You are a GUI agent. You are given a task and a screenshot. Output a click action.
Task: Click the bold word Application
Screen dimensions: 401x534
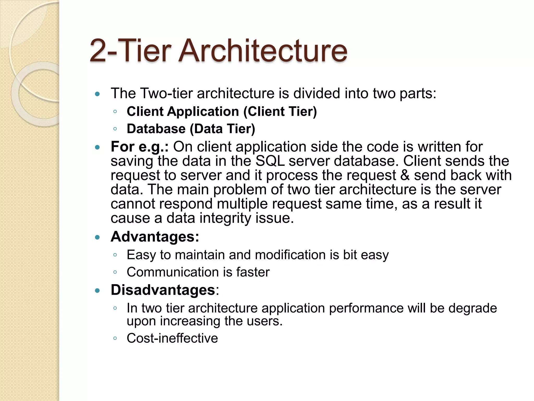(x=203, y=111)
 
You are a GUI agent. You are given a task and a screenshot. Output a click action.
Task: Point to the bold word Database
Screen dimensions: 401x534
(x=156, y=129)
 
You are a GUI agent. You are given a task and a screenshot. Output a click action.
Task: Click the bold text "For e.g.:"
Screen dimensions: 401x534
(x=139, y=147)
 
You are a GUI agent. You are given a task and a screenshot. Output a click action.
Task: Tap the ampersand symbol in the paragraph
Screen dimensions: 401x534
(x=405, y=175)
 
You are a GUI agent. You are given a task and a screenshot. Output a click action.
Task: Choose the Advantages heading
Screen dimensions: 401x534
(x=155, y=237)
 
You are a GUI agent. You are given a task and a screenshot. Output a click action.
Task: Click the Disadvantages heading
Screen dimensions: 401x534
(x=163, y=290)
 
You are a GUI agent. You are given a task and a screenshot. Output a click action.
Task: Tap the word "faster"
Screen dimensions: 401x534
(x=253, y=272)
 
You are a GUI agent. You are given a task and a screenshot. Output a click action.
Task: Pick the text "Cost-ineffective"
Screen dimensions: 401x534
(x=172, y=338)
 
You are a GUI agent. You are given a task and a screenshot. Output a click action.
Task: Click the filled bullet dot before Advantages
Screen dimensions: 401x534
(x=98, y=237)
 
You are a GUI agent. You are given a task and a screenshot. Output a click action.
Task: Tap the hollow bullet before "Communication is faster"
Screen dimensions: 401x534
(x=115, y=272)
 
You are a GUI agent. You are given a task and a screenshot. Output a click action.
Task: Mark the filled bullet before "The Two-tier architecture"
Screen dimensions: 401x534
(x=98, y=94)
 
